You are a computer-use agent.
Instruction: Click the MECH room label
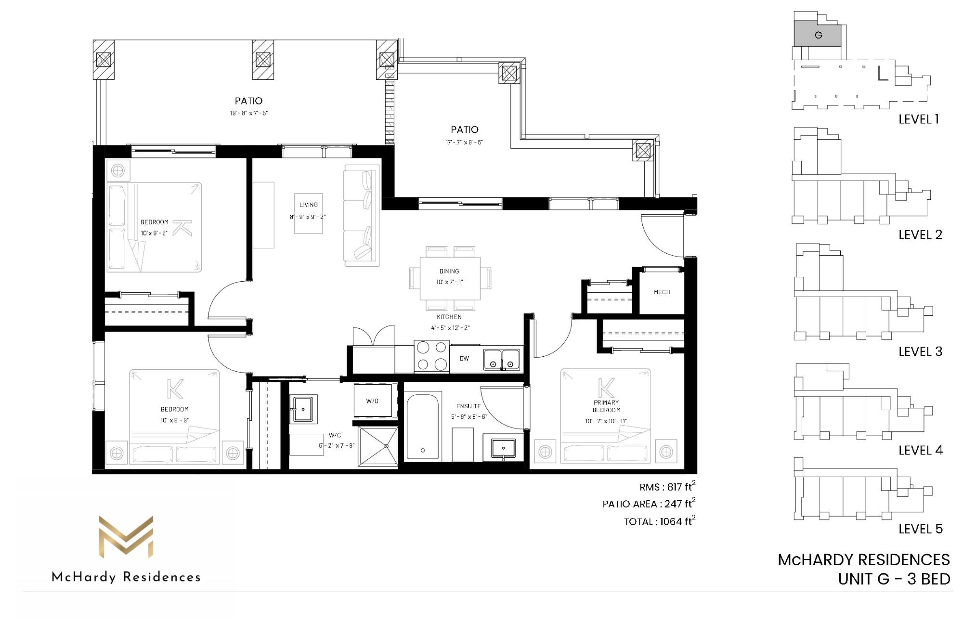(x=662, y=292)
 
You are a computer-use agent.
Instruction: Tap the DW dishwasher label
(x=464, y=359)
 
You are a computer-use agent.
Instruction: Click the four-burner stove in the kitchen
(x=432, y=356)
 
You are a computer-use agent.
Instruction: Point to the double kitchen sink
(x=502, y=359)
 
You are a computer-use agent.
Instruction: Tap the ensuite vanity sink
(x=504, y=448)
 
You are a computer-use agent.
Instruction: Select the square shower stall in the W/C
(x=378, y=446)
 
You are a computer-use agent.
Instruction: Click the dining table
(x=450, y=278)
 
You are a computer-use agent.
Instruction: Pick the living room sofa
(x=362, y=216)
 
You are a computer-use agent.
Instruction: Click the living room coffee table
(x=309, y=213)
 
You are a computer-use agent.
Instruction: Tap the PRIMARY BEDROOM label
(x=606, y=406)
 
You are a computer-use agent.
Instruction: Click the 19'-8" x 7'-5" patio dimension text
(x=248, y=113)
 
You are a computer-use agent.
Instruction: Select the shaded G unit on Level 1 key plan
(x=817, y=34)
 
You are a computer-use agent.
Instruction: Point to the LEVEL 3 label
(x=920, y=351)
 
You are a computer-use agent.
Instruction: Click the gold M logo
(x=126, y=537)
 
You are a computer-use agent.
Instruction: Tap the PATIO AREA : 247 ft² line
(x=649, y=504)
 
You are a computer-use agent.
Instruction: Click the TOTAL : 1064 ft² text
(x=660, y=521)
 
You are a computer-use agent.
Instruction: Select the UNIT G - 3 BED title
(x=894, y=579)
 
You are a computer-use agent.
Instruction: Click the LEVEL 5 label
(x=920, y=529)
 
